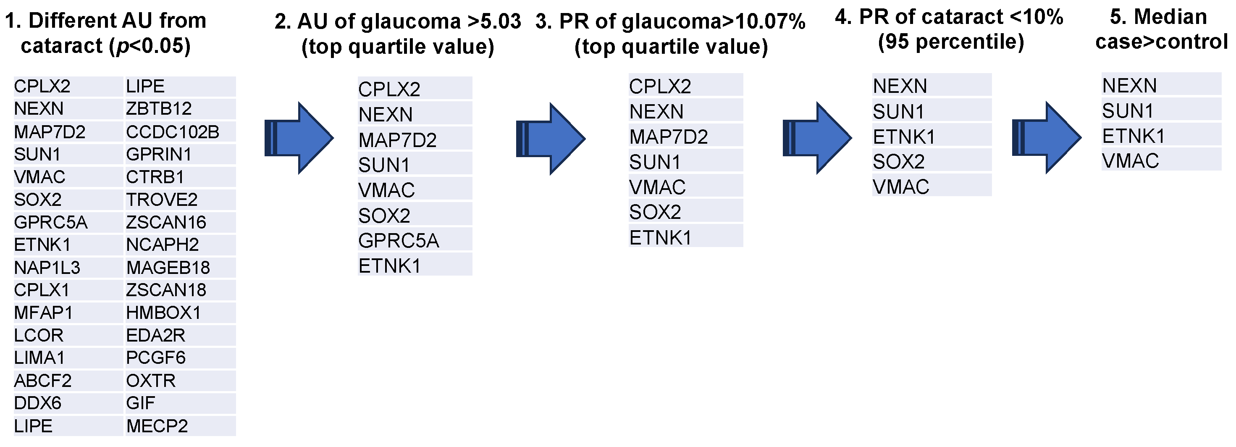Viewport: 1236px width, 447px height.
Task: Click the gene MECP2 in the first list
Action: [157, 426]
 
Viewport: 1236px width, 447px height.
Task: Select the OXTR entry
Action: [151, 381]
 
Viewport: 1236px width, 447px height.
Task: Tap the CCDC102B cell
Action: [172, 132]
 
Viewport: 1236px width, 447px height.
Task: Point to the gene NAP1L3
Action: [47, 268]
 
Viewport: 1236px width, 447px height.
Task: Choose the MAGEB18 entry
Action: [168, 268]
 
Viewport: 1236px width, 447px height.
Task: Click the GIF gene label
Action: [140, 403]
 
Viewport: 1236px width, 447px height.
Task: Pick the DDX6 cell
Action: [37, 403]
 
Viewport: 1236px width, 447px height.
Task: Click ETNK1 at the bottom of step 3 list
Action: [660, 238]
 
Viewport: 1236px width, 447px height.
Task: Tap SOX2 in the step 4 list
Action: [898, 162]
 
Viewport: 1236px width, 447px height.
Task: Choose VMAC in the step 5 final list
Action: [1131, 161]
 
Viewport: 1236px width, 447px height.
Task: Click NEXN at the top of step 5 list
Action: [1129, 85]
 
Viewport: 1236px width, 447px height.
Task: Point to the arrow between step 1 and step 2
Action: [299, 138]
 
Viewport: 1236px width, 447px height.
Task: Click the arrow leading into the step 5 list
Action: [1046, 138]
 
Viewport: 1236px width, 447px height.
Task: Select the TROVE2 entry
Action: [162, 200]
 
